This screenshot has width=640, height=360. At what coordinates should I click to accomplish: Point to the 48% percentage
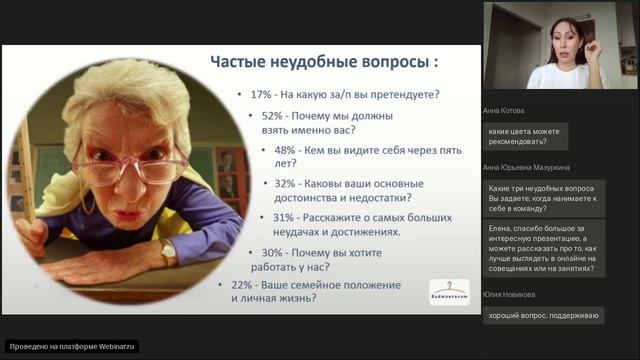[286, 150]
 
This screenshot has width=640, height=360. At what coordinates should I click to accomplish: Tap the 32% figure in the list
[285, 183]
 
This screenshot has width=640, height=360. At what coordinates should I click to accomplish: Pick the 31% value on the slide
[283, 217]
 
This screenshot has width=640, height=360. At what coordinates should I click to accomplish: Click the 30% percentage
[273, 252]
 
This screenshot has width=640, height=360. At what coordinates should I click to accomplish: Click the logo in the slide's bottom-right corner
[449, 291]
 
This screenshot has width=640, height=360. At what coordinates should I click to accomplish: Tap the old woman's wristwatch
[168, 254]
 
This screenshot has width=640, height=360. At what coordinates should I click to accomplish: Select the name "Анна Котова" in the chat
[502, 111]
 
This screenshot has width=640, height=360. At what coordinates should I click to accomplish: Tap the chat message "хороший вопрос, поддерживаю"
[543, 316]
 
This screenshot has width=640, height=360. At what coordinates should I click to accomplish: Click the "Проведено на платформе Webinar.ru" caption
[72, 346]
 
